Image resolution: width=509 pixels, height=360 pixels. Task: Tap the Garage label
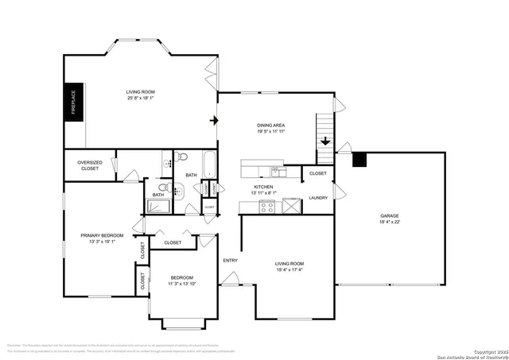[x=389, y=215]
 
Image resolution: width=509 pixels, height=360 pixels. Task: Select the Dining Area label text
[x=270, y=126]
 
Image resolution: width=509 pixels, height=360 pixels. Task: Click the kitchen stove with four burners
[x=268, y=206]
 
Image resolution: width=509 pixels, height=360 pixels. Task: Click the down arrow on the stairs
[x=325, y=141]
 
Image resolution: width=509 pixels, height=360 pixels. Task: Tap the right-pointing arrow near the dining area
[x=213, y=121]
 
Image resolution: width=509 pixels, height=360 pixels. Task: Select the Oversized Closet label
[x=89, y=165]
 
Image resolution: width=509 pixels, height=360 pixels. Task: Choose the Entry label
[x=230, y=260]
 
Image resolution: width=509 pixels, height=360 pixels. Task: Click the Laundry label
[x=318, y=198]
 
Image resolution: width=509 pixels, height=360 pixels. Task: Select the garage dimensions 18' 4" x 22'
[x=389, y=222]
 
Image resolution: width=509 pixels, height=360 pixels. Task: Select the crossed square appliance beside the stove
[x=292, y=206]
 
